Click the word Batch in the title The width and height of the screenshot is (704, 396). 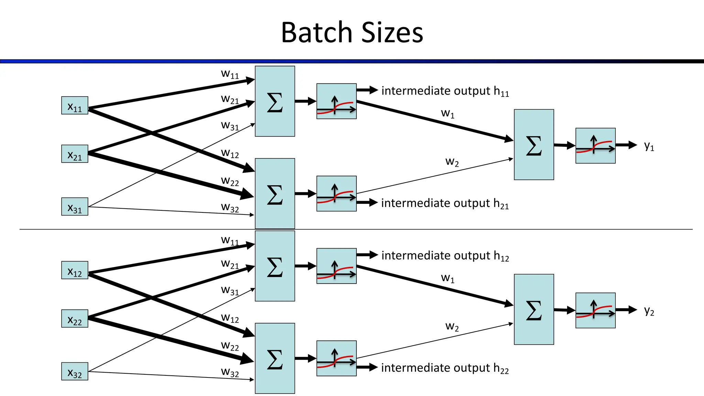317,33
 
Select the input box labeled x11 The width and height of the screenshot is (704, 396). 75,105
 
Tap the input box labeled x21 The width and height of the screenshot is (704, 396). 75,154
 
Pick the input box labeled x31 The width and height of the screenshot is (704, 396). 75,207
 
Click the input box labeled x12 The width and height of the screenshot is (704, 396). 75,270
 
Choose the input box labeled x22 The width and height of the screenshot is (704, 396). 75,318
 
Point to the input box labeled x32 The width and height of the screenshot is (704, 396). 75,371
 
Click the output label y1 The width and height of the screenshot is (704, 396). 649,146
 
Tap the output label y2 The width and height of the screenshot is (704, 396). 649,310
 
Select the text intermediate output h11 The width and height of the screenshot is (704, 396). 445,91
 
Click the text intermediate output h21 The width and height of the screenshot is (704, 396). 445,203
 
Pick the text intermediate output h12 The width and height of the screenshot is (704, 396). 445,256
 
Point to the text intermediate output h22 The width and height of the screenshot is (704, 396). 445,368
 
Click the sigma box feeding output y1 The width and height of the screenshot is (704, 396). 534,145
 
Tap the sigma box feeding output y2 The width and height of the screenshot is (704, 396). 534,309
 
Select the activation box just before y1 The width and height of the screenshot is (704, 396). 595,146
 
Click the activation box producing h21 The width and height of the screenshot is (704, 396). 336,194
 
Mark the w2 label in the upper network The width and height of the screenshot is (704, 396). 452,162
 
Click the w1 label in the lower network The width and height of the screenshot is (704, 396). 448,278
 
